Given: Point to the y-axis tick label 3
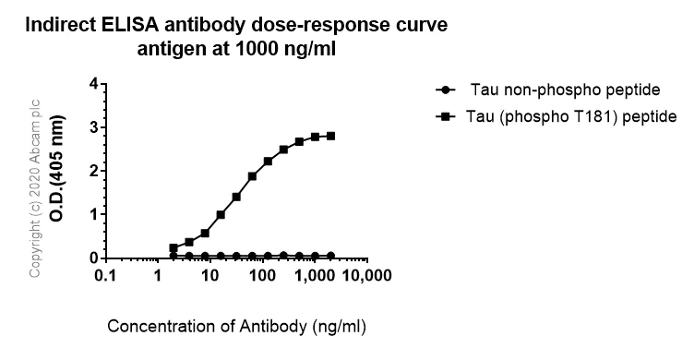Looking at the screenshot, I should click(x=93, y=128).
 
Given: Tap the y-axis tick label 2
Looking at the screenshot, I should click(x=93, y=172).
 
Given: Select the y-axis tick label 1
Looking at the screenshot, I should click(x=93, y=215).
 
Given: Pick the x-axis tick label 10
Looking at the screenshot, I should click(x=209, y=276).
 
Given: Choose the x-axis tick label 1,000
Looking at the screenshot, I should click(x=315, y=276).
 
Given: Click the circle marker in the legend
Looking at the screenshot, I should click(x=446, y=90).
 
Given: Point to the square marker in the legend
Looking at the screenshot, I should click(x=446, y=116).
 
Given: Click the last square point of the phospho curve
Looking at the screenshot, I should click(x=331, y=136).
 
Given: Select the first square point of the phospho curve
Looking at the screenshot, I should click(x=173, y=247).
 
